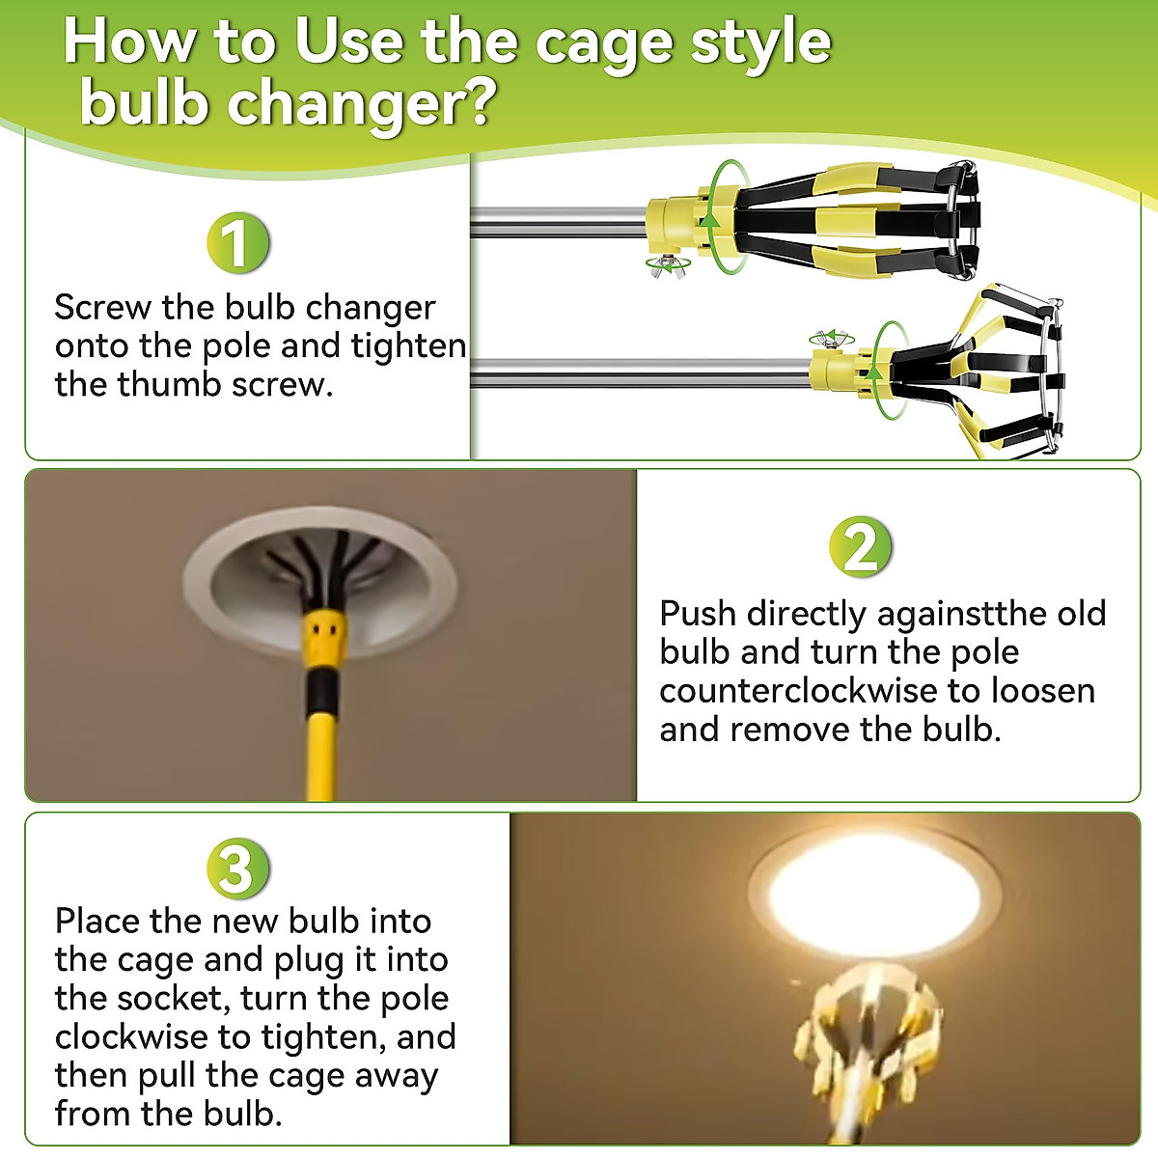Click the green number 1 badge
238,243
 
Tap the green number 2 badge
861,547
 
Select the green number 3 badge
238,868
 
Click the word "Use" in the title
348,42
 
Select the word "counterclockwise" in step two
798,691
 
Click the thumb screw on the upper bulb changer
667,265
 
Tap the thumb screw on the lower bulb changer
830,340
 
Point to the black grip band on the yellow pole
322,689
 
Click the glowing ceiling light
874,899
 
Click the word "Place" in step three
97,922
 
